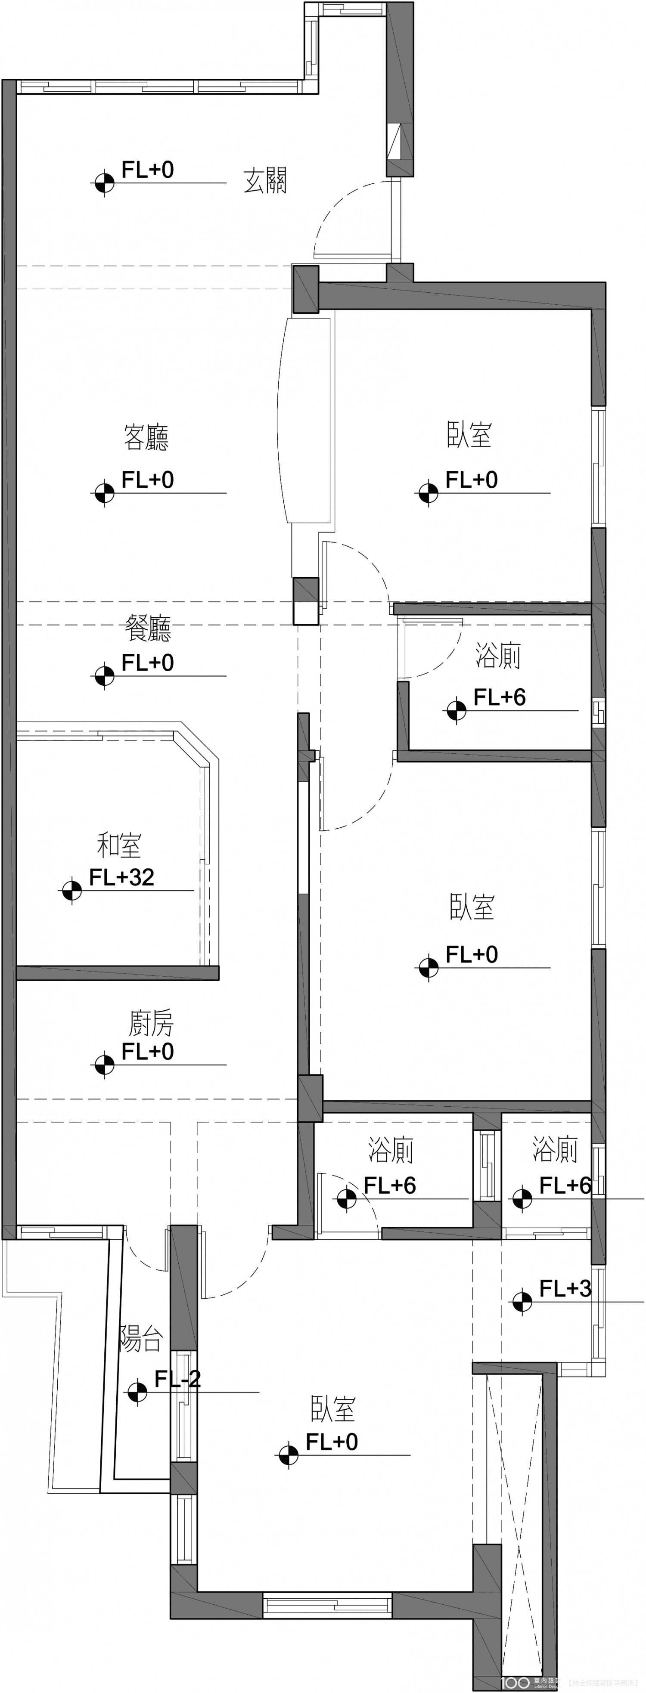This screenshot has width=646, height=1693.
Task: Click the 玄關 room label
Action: click(265, 181)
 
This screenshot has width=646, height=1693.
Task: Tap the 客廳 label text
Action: click(146, 438)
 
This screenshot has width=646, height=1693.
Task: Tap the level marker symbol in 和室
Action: click(71, 891)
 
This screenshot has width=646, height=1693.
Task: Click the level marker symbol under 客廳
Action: click(104, 492)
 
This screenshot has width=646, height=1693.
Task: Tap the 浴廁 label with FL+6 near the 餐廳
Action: click(498, 656)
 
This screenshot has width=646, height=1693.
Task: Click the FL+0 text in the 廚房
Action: click(148, 1052)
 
